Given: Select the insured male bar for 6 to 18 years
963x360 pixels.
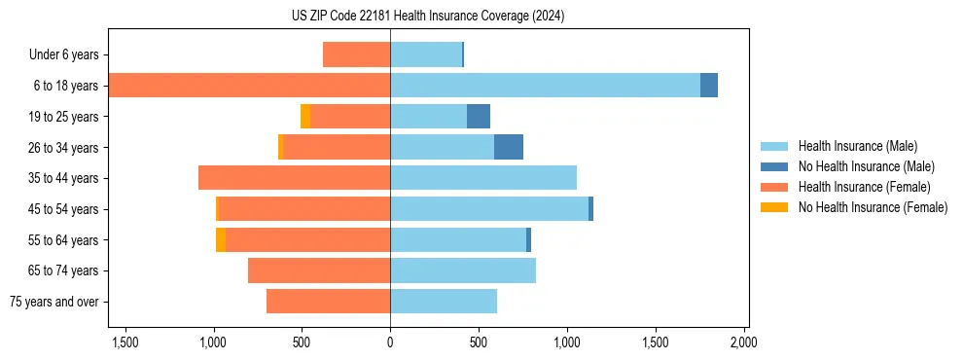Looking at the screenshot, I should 545,86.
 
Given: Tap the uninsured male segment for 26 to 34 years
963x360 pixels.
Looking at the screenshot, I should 509,147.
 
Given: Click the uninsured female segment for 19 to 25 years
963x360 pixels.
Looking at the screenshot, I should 305,117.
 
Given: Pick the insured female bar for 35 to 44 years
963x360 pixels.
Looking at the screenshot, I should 294,178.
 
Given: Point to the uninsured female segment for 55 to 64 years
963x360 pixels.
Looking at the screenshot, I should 221,239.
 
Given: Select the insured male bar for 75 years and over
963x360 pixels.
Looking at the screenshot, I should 444,302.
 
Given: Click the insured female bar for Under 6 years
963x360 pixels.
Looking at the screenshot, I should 356,54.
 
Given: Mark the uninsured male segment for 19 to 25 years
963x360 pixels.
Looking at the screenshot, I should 479,117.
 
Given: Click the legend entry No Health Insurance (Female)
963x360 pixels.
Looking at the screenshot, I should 872,207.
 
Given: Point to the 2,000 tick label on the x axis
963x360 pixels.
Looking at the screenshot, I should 744,342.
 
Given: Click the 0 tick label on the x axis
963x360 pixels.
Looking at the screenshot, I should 390,342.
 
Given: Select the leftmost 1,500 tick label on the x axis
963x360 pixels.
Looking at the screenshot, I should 125,342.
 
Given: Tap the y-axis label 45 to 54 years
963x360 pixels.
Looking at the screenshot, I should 64,209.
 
